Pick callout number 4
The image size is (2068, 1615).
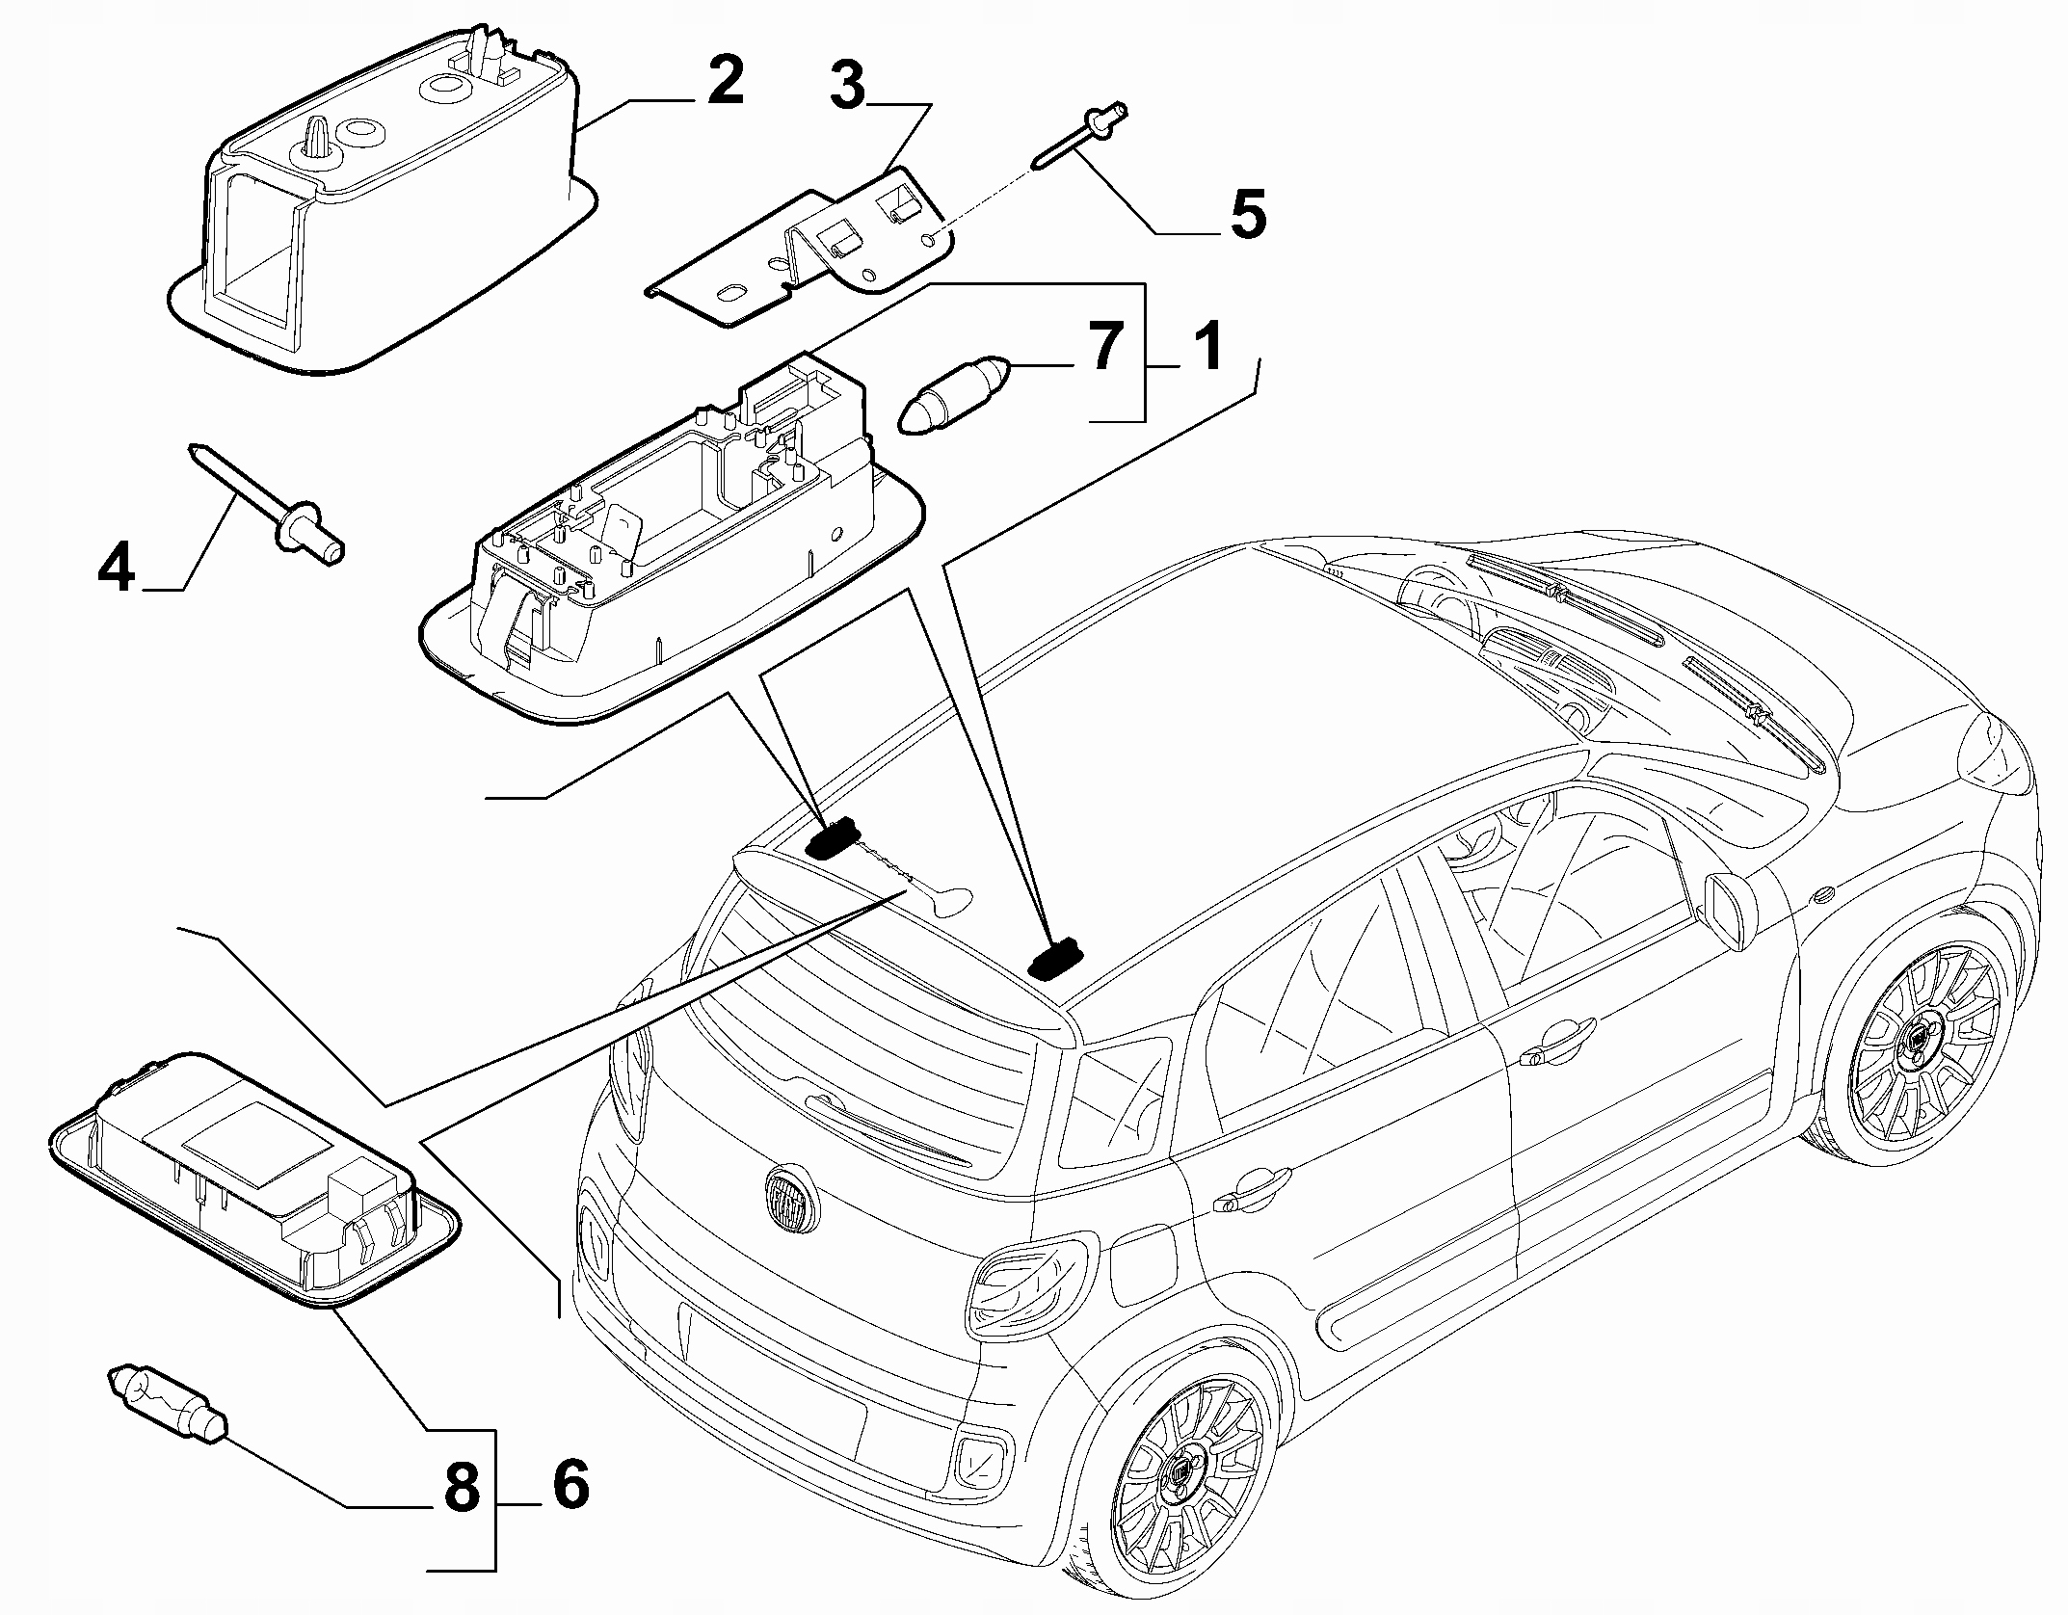[x=117, y=569]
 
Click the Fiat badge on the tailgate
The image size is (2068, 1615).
[x=791, y=1199]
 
